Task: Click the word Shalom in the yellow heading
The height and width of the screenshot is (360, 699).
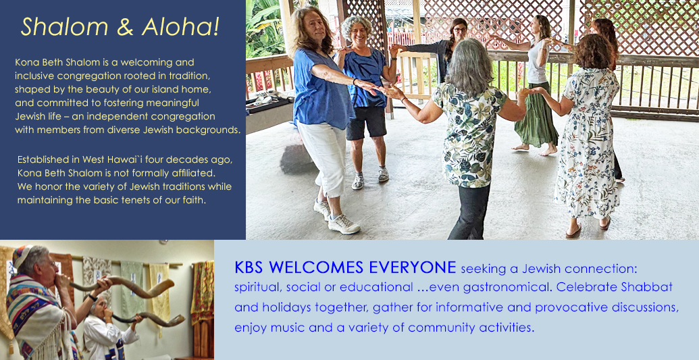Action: point(65,27)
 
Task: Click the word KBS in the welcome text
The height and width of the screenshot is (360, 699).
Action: point(250,267)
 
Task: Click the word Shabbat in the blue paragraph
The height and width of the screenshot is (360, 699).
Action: point(646,287)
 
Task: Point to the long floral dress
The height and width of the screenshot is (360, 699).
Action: point(588,143)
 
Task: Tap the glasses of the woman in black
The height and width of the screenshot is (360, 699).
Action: point(459,30)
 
